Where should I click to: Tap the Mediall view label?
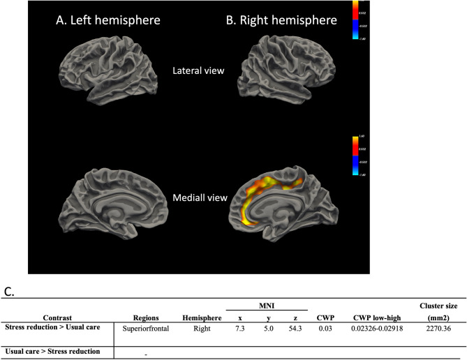click(201, 197)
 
